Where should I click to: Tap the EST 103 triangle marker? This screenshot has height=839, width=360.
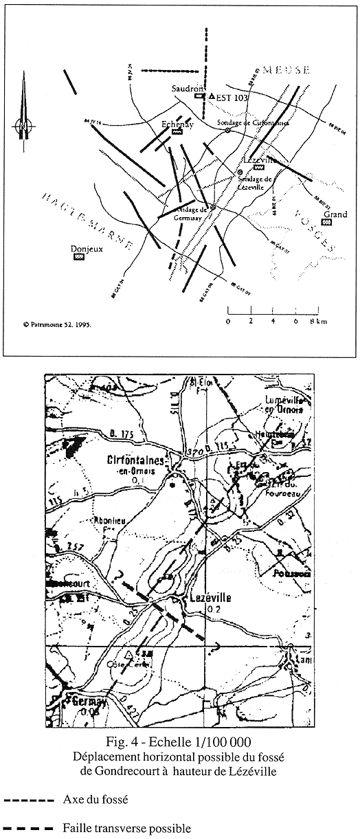pyautogui.click(x=212, y=96)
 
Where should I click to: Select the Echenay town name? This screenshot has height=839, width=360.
pyautogui.click(x=177, y=124)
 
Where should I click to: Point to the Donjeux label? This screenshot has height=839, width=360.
pyautogui.click(x=86, y=249)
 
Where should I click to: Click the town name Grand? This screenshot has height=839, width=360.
pyautogui.click(x=336, y=214)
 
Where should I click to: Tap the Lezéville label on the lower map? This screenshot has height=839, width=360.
pyautogui.click(x=205, y=599)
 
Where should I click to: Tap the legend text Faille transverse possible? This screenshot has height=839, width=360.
pyautogui.click(x=126, y=829)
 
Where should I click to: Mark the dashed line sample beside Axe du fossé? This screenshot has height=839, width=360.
pyautogui.click(x=28, y=801)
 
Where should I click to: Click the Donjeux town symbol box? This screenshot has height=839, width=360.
pyautogui.click(x=79, y=256)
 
